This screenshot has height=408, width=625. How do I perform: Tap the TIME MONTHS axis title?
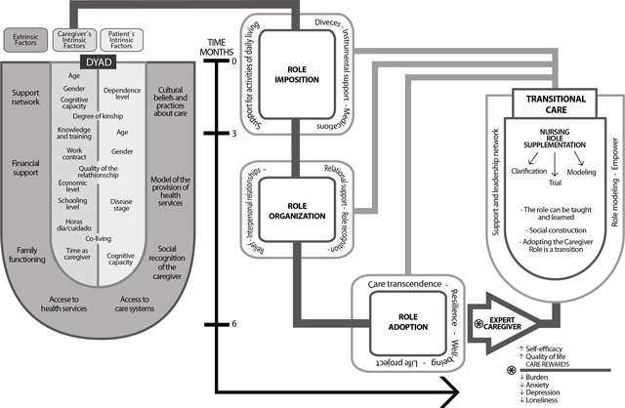click(217, 47)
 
